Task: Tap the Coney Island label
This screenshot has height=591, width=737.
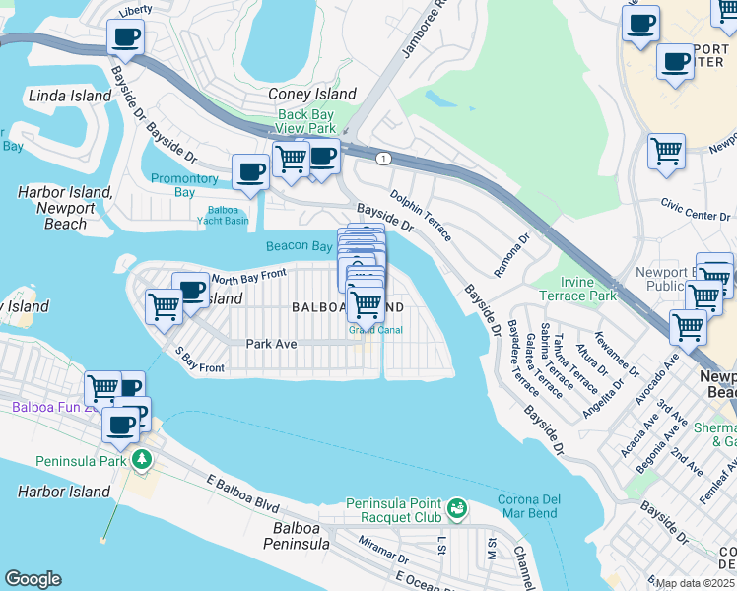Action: (x=312, y=95)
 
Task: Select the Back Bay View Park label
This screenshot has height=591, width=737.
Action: (x=306, y=121)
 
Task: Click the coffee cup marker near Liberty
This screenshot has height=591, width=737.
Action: (x=124, y=38)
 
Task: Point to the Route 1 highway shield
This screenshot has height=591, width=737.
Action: (x=380, y=158)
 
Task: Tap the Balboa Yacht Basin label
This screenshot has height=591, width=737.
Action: (x=229, y=215)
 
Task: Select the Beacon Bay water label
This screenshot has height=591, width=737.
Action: (x=299, y=246)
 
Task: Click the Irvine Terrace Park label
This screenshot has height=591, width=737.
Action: (x=576, y=289)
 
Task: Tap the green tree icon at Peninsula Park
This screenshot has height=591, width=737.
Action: (x=142, y=459)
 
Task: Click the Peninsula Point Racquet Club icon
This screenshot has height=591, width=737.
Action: (x=455, y=508)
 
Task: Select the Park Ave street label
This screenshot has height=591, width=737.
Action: (x=271, y=344)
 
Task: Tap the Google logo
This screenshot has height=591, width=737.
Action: (x=33, y=579)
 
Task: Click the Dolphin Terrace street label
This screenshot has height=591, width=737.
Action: (x=420, y=216)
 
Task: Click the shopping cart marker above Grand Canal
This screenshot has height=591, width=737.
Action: (x=366, y=304)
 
